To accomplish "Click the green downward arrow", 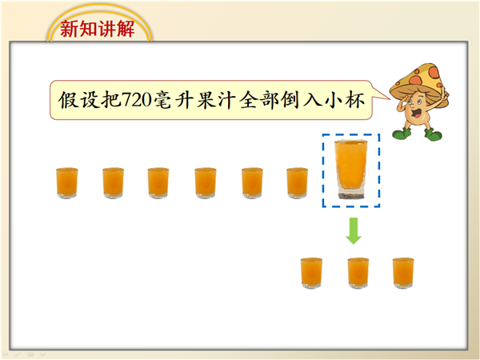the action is click(x=354, y=231).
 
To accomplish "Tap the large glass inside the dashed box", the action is click(x=351, y=170).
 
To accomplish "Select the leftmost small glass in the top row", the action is click(x=66, y=183).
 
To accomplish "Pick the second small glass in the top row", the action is click(x=114, y=183).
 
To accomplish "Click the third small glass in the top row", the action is click(x=158, y=183).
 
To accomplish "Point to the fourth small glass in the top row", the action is click(x=206, y=183).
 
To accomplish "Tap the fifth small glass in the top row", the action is click(x=252, y=183).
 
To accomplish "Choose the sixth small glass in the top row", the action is click(x=298, y=183).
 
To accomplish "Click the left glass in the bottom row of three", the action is click(x=311, y=273).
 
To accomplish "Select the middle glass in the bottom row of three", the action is click(x=358, y=273).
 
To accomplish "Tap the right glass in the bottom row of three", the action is click(x=403, y=273).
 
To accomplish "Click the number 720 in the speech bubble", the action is click(x=137, y=100).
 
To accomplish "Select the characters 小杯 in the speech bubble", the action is click(x=345, y=100).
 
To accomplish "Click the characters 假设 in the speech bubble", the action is click(x=78, y=100).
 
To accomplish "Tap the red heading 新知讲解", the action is click(x=98, y=29).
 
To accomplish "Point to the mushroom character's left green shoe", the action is click(x=402, y=134).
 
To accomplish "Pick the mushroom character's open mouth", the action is click(x=416, y=114).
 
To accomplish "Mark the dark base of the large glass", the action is click(x=351, y=196).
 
